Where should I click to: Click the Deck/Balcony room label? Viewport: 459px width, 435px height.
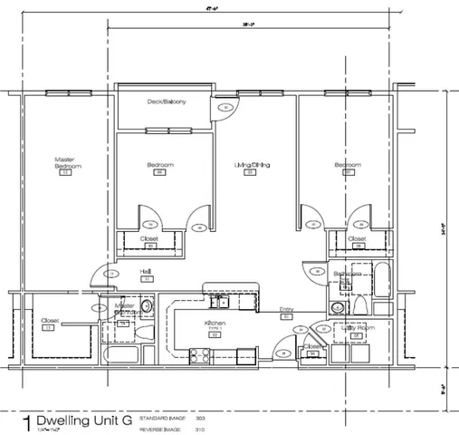pos(167,102)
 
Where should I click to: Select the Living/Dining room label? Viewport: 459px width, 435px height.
pos(253,165)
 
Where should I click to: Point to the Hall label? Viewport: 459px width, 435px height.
pos(144,271)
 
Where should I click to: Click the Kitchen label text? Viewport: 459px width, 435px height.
pos(215,323)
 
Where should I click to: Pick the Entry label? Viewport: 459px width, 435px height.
pos(286,308)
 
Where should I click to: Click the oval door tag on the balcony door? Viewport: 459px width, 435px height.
pos(225,109)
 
